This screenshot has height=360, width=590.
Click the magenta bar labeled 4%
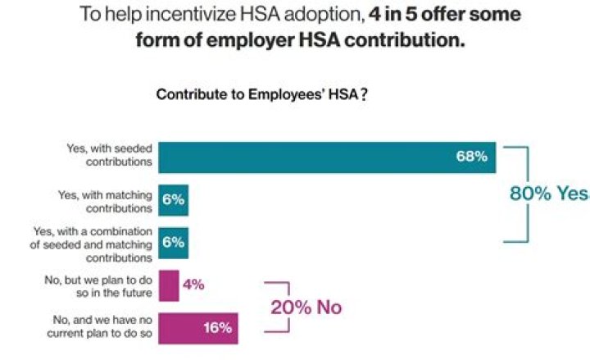[x=168, y=285]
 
